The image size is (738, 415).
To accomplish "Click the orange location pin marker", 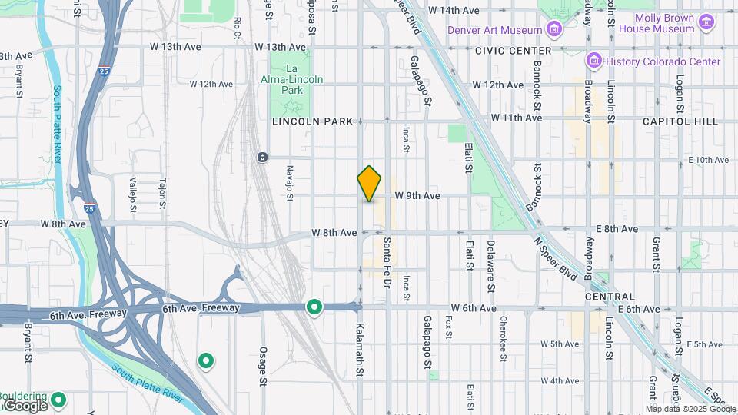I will [370, 183].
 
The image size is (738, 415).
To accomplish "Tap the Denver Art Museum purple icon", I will [553, 29].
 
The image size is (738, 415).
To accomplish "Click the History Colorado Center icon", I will [593, 61].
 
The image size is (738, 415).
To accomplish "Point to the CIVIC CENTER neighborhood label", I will [514, 51].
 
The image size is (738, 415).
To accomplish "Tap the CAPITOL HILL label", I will [680, 121].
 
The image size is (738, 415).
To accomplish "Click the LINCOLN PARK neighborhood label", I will [312, 121].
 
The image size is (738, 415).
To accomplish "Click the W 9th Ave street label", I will [417, 196].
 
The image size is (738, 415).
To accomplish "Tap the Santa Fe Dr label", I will [387, 262].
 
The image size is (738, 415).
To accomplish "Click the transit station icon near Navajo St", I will [263, 157].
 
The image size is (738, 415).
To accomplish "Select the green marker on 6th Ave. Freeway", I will [314, 307].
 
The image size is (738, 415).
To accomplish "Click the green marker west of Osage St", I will [205, 360].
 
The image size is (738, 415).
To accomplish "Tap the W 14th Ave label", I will [454, 11].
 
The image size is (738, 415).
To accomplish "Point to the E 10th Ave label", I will [708, 160].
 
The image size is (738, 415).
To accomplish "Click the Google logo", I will [25, 406].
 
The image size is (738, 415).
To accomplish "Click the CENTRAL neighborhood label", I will [610, 297].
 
